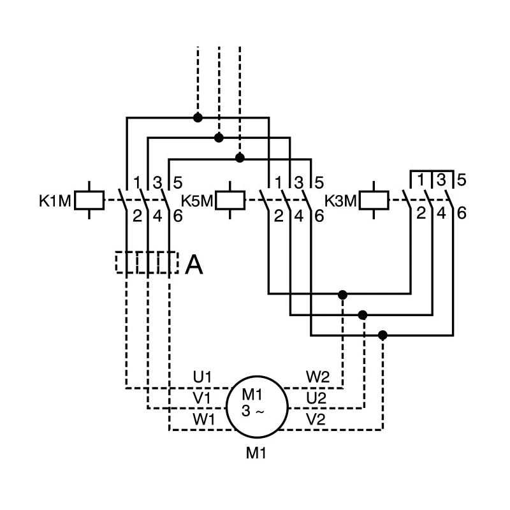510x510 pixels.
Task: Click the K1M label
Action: (x=55, y=201)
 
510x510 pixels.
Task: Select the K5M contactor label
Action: (x=197, y=201)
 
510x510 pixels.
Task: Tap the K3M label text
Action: (x=340, y=201)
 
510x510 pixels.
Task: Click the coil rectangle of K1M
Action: (x=89, y=200)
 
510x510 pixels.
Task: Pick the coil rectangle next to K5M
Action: (x=230, y=200)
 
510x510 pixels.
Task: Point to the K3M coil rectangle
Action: (x=374, y=200)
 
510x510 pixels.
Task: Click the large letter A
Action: (x=194, y=265)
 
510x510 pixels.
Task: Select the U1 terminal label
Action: (x=202, y=377)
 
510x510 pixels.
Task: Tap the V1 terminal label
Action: (x=201, y=398)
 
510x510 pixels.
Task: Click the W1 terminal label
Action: (x=203, y=419)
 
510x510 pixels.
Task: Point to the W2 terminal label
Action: (x=317, y=377)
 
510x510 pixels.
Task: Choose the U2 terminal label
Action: (x=316, y=398)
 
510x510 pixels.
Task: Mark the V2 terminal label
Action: (x=316, y=419)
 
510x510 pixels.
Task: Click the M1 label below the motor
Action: (x=256, y=453)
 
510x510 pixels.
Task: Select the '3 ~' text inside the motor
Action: (x=253, y=411)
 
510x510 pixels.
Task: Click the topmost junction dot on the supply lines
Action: (x=198, y=117)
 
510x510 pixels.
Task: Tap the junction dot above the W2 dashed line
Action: (x=342, y=295)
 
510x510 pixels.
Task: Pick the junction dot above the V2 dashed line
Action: (x=383, y=335)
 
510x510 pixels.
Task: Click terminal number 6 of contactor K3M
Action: (x=462, y=213)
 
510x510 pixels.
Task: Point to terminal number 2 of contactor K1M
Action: (x=137, y=216)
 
